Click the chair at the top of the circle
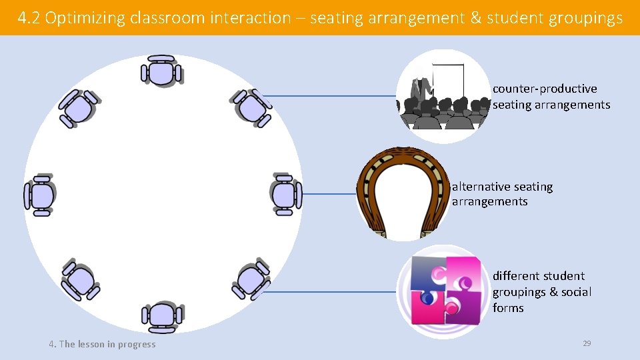tap(161, 71)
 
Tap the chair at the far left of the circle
tap(40, 195)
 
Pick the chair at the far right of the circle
tap(285, 195)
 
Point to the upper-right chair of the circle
tap(252, 106)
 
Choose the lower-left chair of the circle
tap(80, 280)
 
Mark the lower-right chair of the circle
tap(251, 280)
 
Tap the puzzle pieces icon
tap(445, 291)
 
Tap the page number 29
tap(587, 343)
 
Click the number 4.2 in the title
tap(29, 18)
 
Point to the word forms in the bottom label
tap(508, 308)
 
